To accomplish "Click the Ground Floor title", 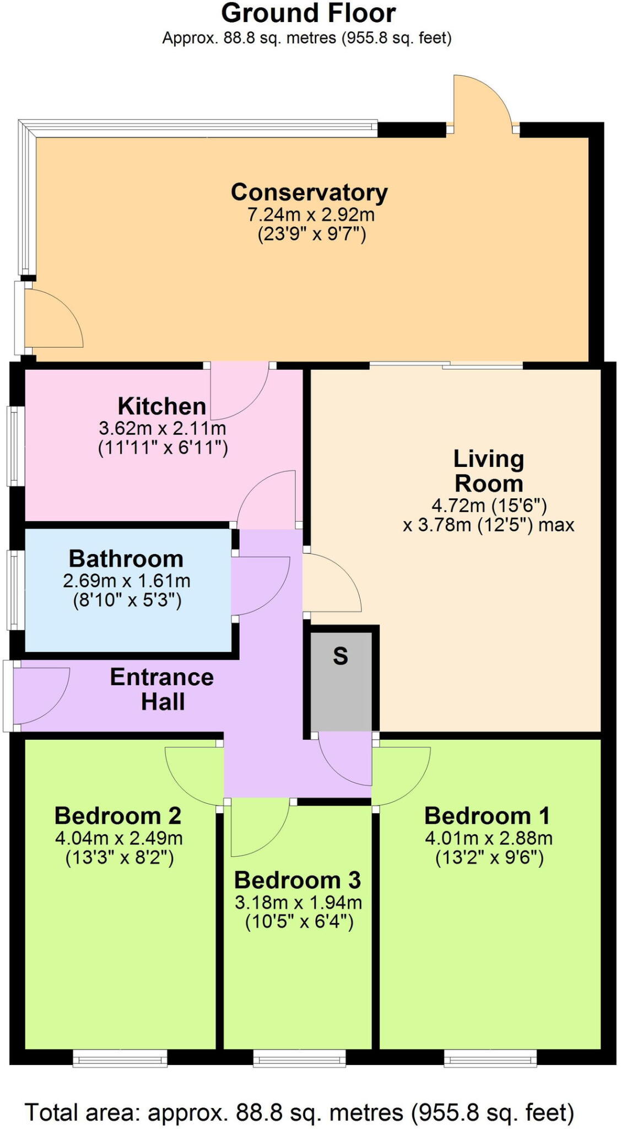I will tap(308, 13).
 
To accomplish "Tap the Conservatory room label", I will tap(309, 192).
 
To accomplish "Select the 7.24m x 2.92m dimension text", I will tap(311, 214).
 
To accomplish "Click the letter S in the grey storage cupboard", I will tap(341, 656).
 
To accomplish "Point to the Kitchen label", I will tap(162, 406).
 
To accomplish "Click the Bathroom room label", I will tap(126, 559).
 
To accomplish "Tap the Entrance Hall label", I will tap(162, 689).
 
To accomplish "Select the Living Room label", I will tap(488, 471).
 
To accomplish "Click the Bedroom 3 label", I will tap(298, 880).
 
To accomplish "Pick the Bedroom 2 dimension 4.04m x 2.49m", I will tap(119, 838).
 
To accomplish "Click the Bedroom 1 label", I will tap(488, 816).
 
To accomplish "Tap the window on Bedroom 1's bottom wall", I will tap(490, 1058).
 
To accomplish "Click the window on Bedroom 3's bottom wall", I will tap(299, 1058).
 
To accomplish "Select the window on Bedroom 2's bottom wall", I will tap(120, 1058).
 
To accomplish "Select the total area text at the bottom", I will tap(300, 1112).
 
